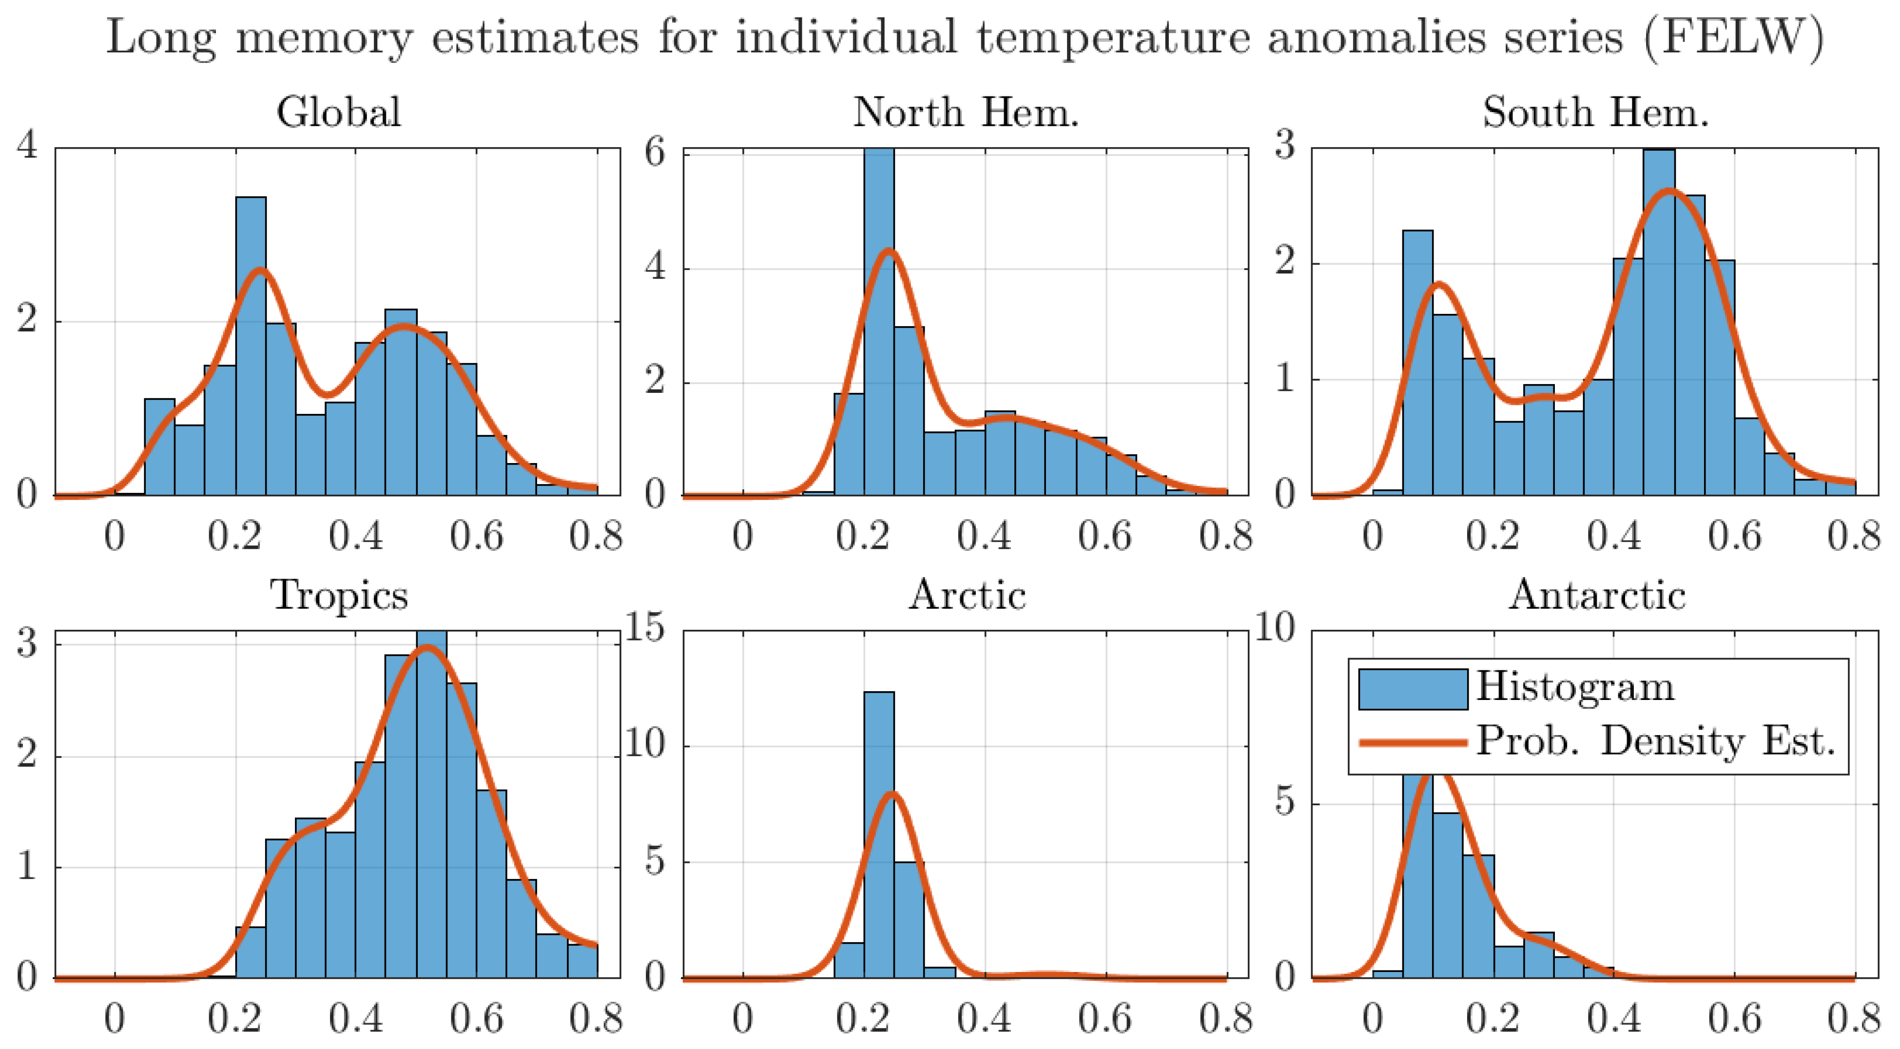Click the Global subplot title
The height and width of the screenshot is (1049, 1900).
coord(339,113)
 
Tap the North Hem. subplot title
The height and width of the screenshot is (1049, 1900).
coord(966,113)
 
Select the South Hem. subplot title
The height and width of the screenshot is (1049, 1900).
coord(1595,113)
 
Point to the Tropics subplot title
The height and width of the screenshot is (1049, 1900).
coord(339,595)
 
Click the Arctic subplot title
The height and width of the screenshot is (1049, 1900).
coord(966,595)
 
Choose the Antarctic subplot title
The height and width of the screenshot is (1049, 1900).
coord(1597,595)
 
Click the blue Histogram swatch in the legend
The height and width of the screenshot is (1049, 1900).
coord(1413,689)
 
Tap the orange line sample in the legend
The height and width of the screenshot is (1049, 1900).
coord(1413,742)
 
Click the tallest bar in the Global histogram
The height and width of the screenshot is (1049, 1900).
coord(251,347)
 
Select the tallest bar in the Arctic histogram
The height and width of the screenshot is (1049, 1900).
coord(878,834)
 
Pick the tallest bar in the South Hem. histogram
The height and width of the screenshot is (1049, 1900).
coord(1658,325)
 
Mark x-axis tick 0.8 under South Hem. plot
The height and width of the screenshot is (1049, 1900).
coord(1853,536)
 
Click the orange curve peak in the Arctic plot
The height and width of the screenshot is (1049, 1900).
coord(892,795)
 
